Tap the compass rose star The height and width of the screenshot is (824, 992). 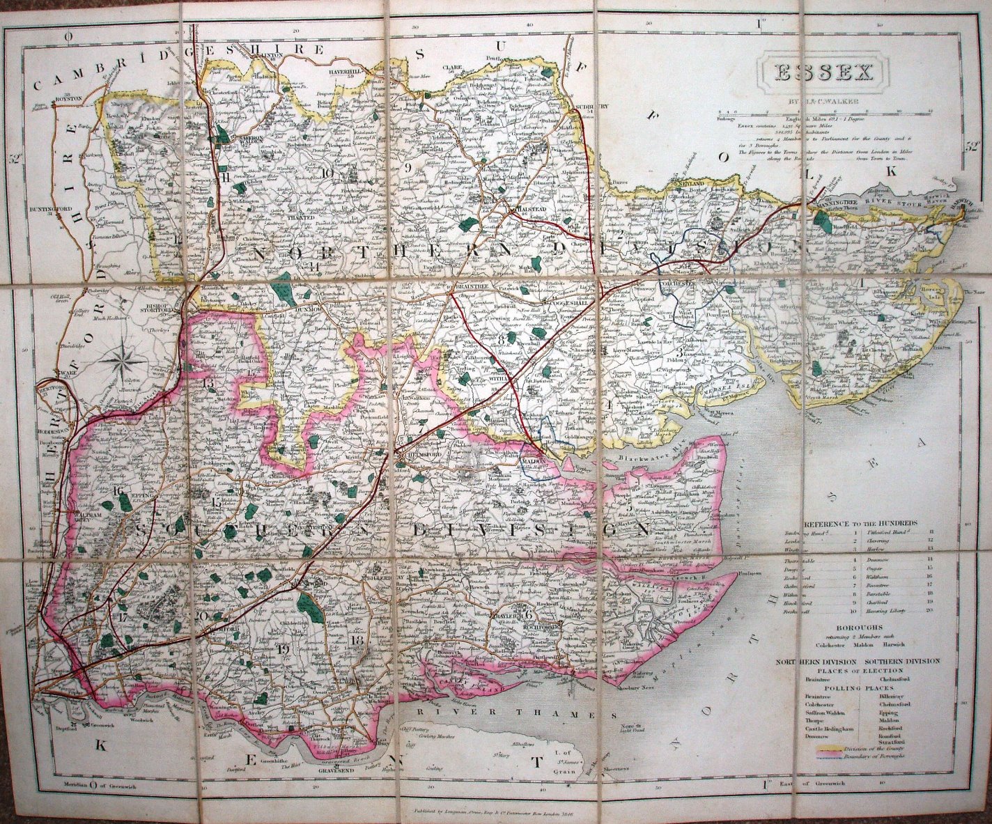click(x=123, y=361)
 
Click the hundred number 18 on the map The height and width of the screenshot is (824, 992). click(x=358, y=640)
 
